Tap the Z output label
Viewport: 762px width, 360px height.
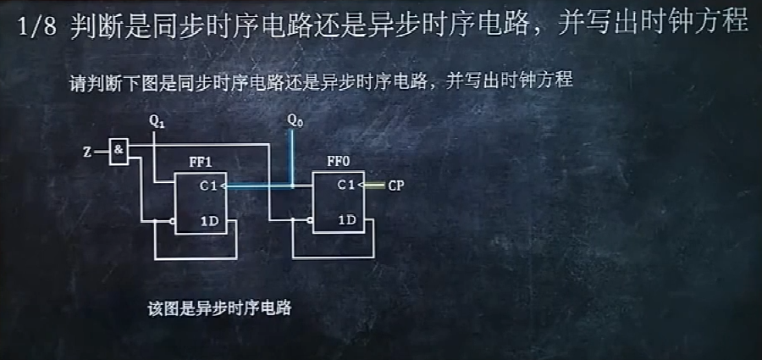pyautogui.click(x=87, y=152)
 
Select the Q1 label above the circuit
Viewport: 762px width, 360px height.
pyautogui.click(x=157, y=122)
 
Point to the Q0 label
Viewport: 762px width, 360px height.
pyautogui.click(x=294, y=122)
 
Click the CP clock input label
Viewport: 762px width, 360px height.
pyautogui.click(x=395, y=186)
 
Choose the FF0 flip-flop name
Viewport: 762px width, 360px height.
pyautogui.click(x=339, y=162)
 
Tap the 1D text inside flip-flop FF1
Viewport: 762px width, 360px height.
pyautogui.click(x=210, y=220)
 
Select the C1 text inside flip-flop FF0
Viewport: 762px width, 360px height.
pyautogui.click(x=346, y=185)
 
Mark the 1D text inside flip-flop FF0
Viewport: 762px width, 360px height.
pyautogui.click(x=346, y=220)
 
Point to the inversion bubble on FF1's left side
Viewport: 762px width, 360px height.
pyautogui.click(x=171, y=222)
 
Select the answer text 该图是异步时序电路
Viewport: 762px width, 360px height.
pyautogui.click(x=219, y=308)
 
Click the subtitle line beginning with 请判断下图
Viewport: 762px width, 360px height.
pyautogui.click(x=322, y=82)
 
